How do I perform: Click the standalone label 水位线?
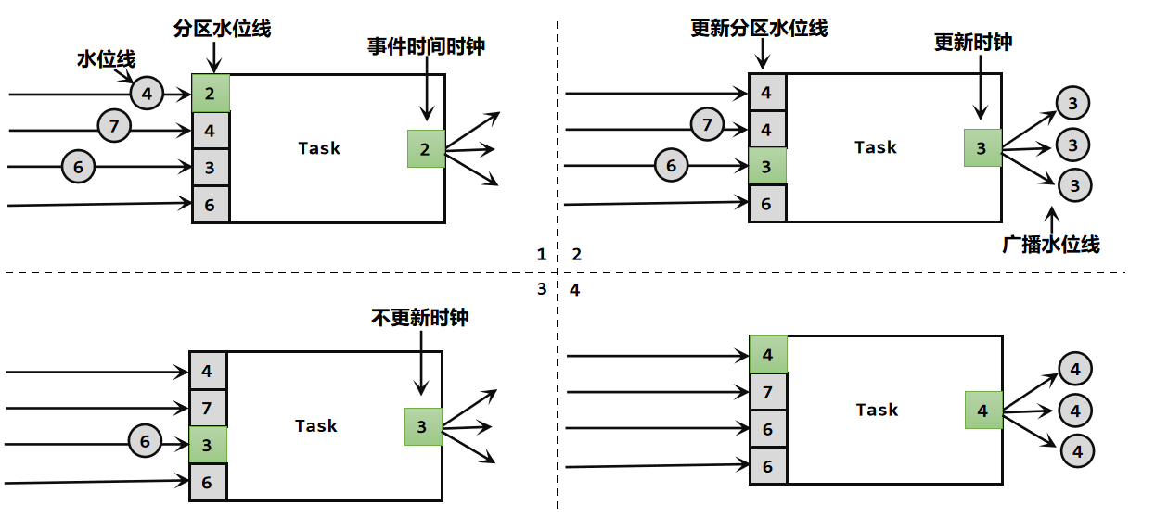pyautogui.click(x=106, y=59)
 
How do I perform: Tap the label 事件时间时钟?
pyautogui.click(x=426, y=46)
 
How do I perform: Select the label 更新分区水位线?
pyautogui.click(x=759, y=28)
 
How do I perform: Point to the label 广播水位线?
pyautogui.click(x=1051, y=245)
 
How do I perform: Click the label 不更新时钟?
pyautogui.click(x=420, y=318)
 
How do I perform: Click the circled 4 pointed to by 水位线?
pyautogui.click(x=147, y=93)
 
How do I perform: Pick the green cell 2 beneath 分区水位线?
pyautogui.click(x=211, y=93)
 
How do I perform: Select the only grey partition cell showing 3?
pyautogui.click(x=211, y=168)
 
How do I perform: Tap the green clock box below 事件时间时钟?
pyautogui.click(x=426, y=148)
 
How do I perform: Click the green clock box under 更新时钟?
pyautogui.click(x=982, y=148)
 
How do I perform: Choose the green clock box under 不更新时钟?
pyautogui.click(x=422, y=426)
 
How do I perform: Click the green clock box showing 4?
pyautogui.click(x=983, y=411)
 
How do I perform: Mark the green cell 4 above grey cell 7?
pyautogui.click(x=768, y=355)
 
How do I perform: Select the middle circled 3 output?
pyautogui.click(x=1073, y=145)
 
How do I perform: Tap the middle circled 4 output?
pyautogui.click(x=1076, y=409)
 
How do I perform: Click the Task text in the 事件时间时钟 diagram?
pyautogui.click(x=319, y=148)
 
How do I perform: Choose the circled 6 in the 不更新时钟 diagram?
pyautogui.click(x=145, y=442)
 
